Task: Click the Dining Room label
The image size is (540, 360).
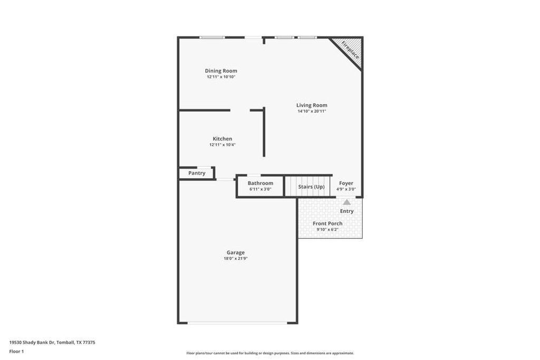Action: [221, 71]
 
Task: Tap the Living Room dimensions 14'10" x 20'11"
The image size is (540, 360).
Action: [311, 111]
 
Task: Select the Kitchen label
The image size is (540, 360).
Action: [222, 139]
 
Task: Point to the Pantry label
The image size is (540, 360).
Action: [197, 173]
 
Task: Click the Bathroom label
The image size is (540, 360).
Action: [261, 183]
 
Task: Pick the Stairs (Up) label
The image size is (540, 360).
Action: [311, 187]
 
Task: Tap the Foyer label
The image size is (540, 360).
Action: [346, 183]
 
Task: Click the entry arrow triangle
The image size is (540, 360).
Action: [346, 202]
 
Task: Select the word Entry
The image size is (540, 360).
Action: [346, 211]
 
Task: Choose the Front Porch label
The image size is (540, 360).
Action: [327, 223]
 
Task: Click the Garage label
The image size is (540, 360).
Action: [236, 252]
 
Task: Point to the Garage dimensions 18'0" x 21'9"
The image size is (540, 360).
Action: [236, 258]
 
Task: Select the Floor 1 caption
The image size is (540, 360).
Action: [16, 351]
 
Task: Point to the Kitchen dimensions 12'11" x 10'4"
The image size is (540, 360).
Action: [222, 144]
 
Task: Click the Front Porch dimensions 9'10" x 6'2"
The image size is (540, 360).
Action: [327, 229]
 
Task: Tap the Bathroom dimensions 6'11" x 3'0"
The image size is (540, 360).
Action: [261, 189]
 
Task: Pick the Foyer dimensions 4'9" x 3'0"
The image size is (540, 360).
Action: [346, 189]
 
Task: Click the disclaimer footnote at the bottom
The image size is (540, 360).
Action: [270, 353]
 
